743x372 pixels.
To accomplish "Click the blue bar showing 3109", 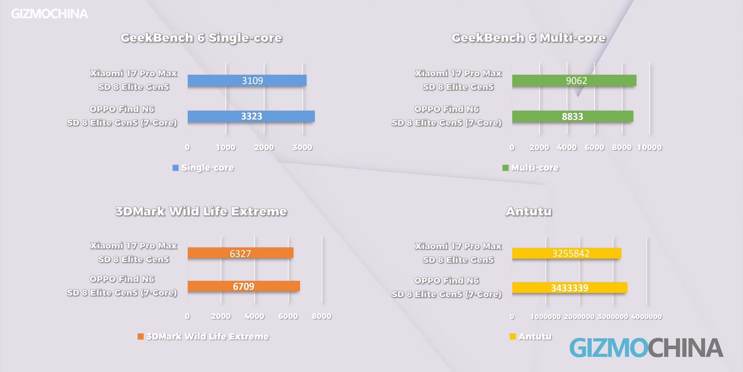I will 247,81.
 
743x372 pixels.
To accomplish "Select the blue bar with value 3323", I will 251,116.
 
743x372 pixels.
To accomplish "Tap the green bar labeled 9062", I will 574,81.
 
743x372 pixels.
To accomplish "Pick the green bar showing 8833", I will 572,116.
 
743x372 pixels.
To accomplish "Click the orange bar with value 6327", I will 240,253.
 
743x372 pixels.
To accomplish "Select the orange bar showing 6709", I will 243,286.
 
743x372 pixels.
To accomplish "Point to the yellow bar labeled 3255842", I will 567,253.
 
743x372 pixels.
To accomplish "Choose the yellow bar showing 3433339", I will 569,288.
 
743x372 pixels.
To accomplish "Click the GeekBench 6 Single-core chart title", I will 201,38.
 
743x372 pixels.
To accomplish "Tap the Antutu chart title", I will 529,211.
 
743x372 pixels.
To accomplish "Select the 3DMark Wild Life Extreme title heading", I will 201,211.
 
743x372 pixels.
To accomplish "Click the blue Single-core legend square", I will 175,168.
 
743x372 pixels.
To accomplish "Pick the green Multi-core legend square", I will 505,168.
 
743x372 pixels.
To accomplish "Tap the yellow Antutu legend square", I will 513,336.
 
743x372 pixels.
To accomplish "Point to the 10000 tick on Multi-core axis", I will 649,147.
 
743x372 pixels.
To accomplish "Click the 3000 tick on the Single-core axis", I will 302,147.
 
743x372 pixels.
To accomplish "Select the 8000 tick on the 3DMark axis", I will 322,316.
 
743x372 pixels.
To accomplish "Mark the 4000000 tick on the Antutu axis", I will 646,317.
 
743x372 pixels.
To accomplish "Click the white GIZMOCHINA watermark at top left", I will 50,14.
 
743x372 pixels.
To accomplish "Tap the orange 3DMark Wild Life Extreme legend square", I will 140,336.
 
